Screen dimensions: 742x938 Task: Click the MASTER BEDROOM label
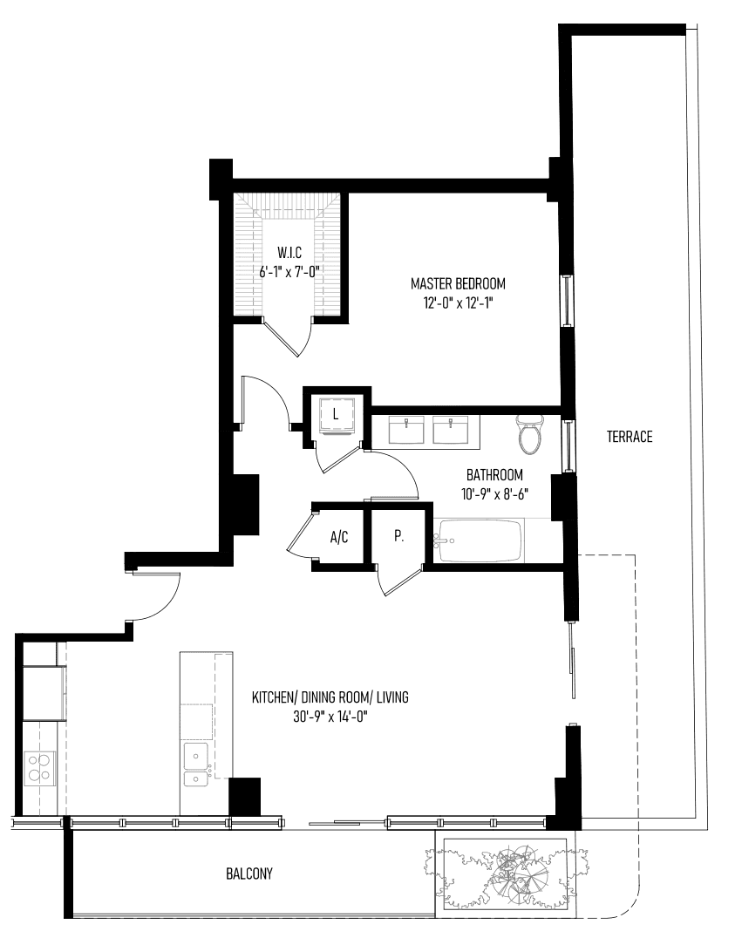(458, 283)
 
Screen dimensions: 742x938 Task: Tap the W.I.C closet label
(289, 253)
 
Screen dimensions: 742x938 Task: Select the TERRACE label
(630, 437)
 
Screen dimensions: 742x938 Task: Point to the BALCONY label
(248, 874)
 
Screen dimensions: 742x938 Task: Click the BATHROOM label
(495, 475)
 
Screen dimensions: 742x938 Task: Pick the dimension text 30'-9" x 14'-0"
(330, 717)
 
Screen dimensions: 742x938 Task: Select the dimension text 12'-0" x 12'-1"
(458, 302)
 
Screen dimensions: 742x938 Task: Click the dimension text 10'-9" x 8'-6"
(495, 494)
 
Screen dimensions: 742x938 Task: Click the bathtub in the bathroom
(479, 540)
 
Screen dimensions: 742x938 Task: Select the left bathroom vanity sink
(406, 431)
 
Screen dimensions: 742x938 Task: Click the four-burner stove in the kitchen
(39, 768)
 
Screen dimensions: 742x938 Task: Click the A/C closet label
(338, 537)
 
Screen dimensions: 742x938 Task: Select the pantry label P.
(398, 537)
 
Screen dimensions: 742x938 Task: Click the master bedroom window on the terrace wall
(566, 300)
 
